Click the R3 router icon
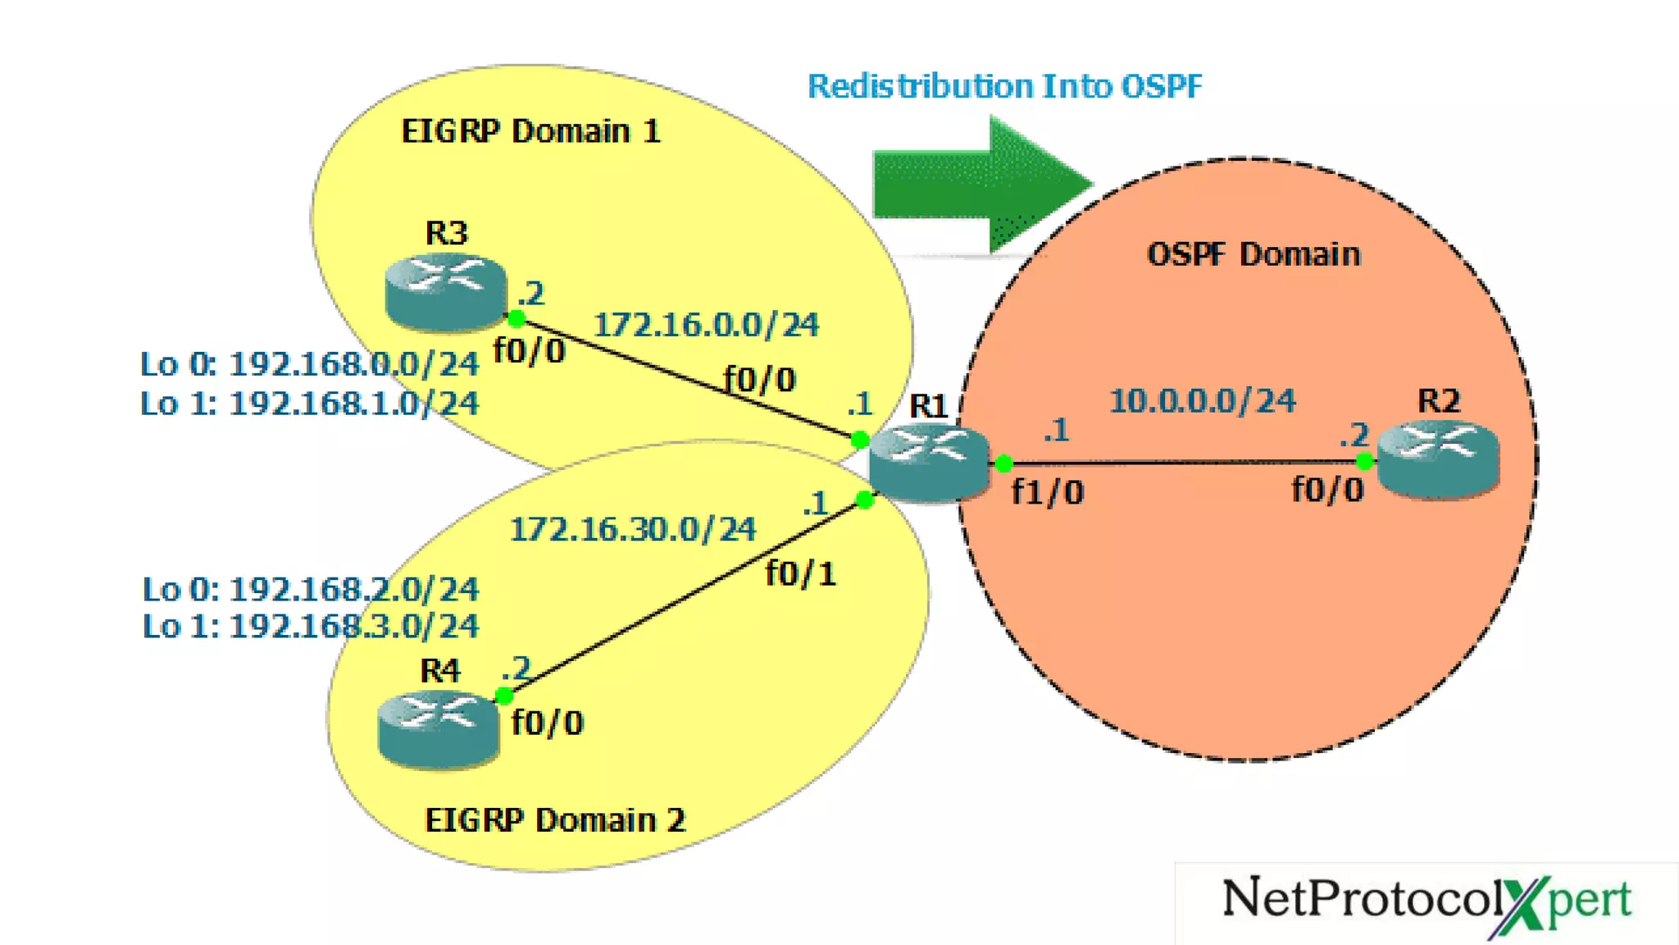point(445,292)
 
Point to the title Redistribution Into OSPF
point(1004,86)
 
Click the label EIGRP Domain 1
point(530,131)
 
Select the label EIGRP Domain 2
point(555,819)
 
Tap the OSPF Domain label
point(1254,254)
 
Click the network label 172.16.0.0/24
point(706,325)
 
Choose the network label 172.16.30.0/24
point(632,529)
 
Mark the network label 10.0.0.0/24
point(1202,401)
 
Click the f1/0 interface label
point(1047,492)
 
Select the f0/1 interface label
point(800,573)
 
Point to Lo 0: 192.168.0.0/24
point(309,364)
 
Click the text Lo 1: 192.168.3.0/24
point(310,626)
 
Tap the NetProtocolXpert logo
point(1426,901)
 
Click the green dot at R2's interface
point(1364,462)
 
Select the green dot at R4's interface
point(504,696)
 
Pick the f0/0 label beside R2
point(1327,490)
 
